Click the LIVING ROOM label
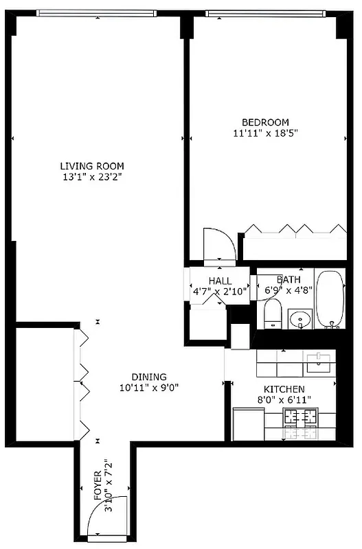[91, 166]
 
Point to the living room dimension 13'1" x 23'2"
[91, 177]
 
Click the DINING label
[149, 377]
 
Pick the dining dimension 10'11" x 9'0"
[149, 387]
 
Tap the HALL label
[220, 281]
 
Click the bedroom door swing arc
[220, 244]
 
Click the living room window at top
[96, 12]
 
